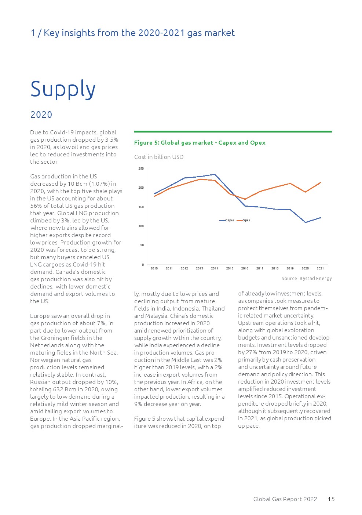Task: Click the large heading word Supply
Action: coord(63,89)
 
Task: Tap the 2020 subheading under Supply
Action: coord(41,115)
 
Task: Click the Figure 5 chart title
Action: coord(200,143)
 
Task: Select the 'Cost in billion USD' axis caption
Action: coord(158,157)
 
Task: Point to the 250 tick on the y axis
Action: coord(141,169)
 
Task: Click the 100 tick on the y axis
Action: coord(141,226)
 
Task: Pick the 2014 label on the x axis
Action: coord(215,268)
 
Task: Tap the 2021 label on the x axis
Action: coord(320,268)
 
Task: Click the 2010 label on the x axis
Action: coord(154,268)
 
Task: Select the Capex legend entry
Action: coord(227,220)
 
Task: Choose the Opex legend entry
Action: coord(244,220)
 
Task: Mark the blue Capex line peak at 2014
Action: coord(215,174)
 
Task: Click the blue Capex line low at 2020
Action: coord(305,222)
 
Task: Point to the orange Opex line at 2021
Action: coord(321,182)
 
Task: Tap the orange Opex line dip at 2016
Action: coord(245,199)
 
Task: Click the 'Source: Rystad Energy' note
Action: coord(307,279)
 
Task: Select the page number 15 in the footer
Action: coord(331,499)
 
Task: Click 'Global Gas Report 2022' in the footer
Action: coord(285,499)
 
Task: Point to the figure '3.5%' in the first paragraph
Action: coord(111,140)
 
